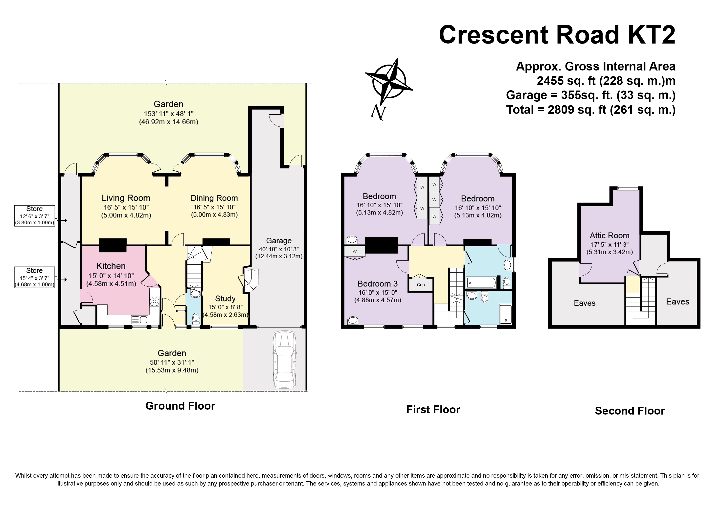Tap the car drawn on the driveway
284,360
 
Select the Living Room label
126,198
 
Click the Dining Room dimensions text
214,211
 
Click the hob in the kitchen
154,302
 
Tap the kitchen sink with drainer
139,320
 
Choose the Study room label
225,299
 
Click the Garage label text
279,241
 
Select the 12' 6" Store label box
35,216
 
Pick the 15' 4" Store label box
35,278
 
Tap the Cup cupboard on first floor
421,285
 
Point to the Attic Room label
609,236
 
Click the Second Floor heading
630,411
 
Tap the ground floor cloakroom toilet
196,318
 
